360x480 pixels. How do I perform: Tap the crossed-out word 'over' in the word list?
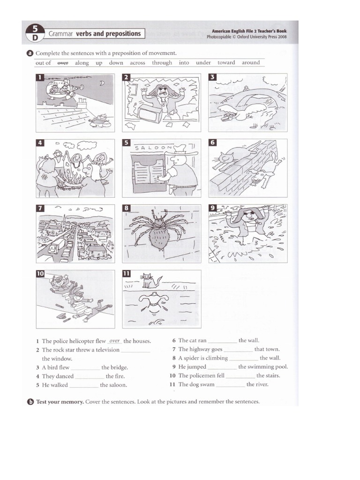coord(63,63)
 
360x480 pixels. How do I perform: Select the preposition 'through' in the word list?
coord(162,63)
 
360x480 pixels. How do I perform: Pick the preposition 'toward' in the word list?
coord(226,63)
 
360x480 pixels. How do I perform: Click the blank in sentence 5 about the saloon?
coord(84,385)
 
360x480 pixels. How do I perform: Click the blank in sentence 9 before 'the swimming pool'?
coord(222,367)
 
